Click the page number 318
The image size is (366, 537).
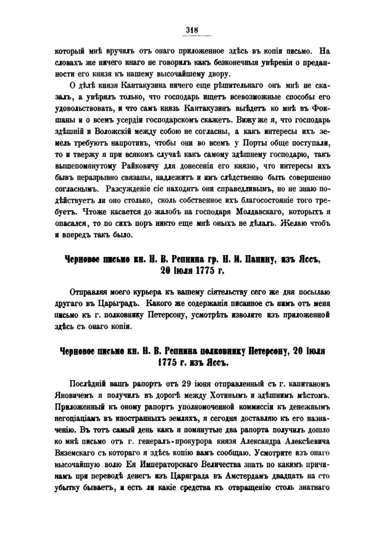192,30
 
